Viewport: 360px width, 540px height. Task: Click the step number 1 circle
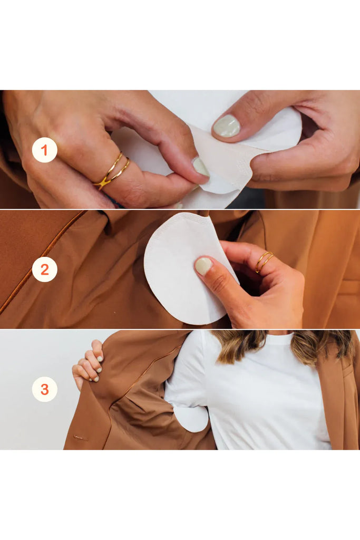(x=44, y=150)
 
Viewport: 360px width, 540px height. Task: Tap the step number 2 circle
(x=44, y=269)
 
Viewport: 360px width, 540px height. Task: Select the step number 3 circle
(x=44, y=390)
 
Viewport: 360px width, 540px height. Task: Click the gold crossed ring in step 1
(x=112, y=171)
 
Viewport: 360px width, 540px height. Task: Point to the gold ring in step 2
(x=264, y=261)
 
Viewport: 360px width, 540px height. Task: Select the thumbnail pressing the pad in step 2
(x=203, y=266)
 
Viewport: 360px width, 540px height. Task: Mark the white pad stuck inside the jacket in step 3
(x=191, y=418)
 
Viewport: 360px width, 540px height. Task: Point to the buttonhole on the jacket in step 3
(x=81, y=438)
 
